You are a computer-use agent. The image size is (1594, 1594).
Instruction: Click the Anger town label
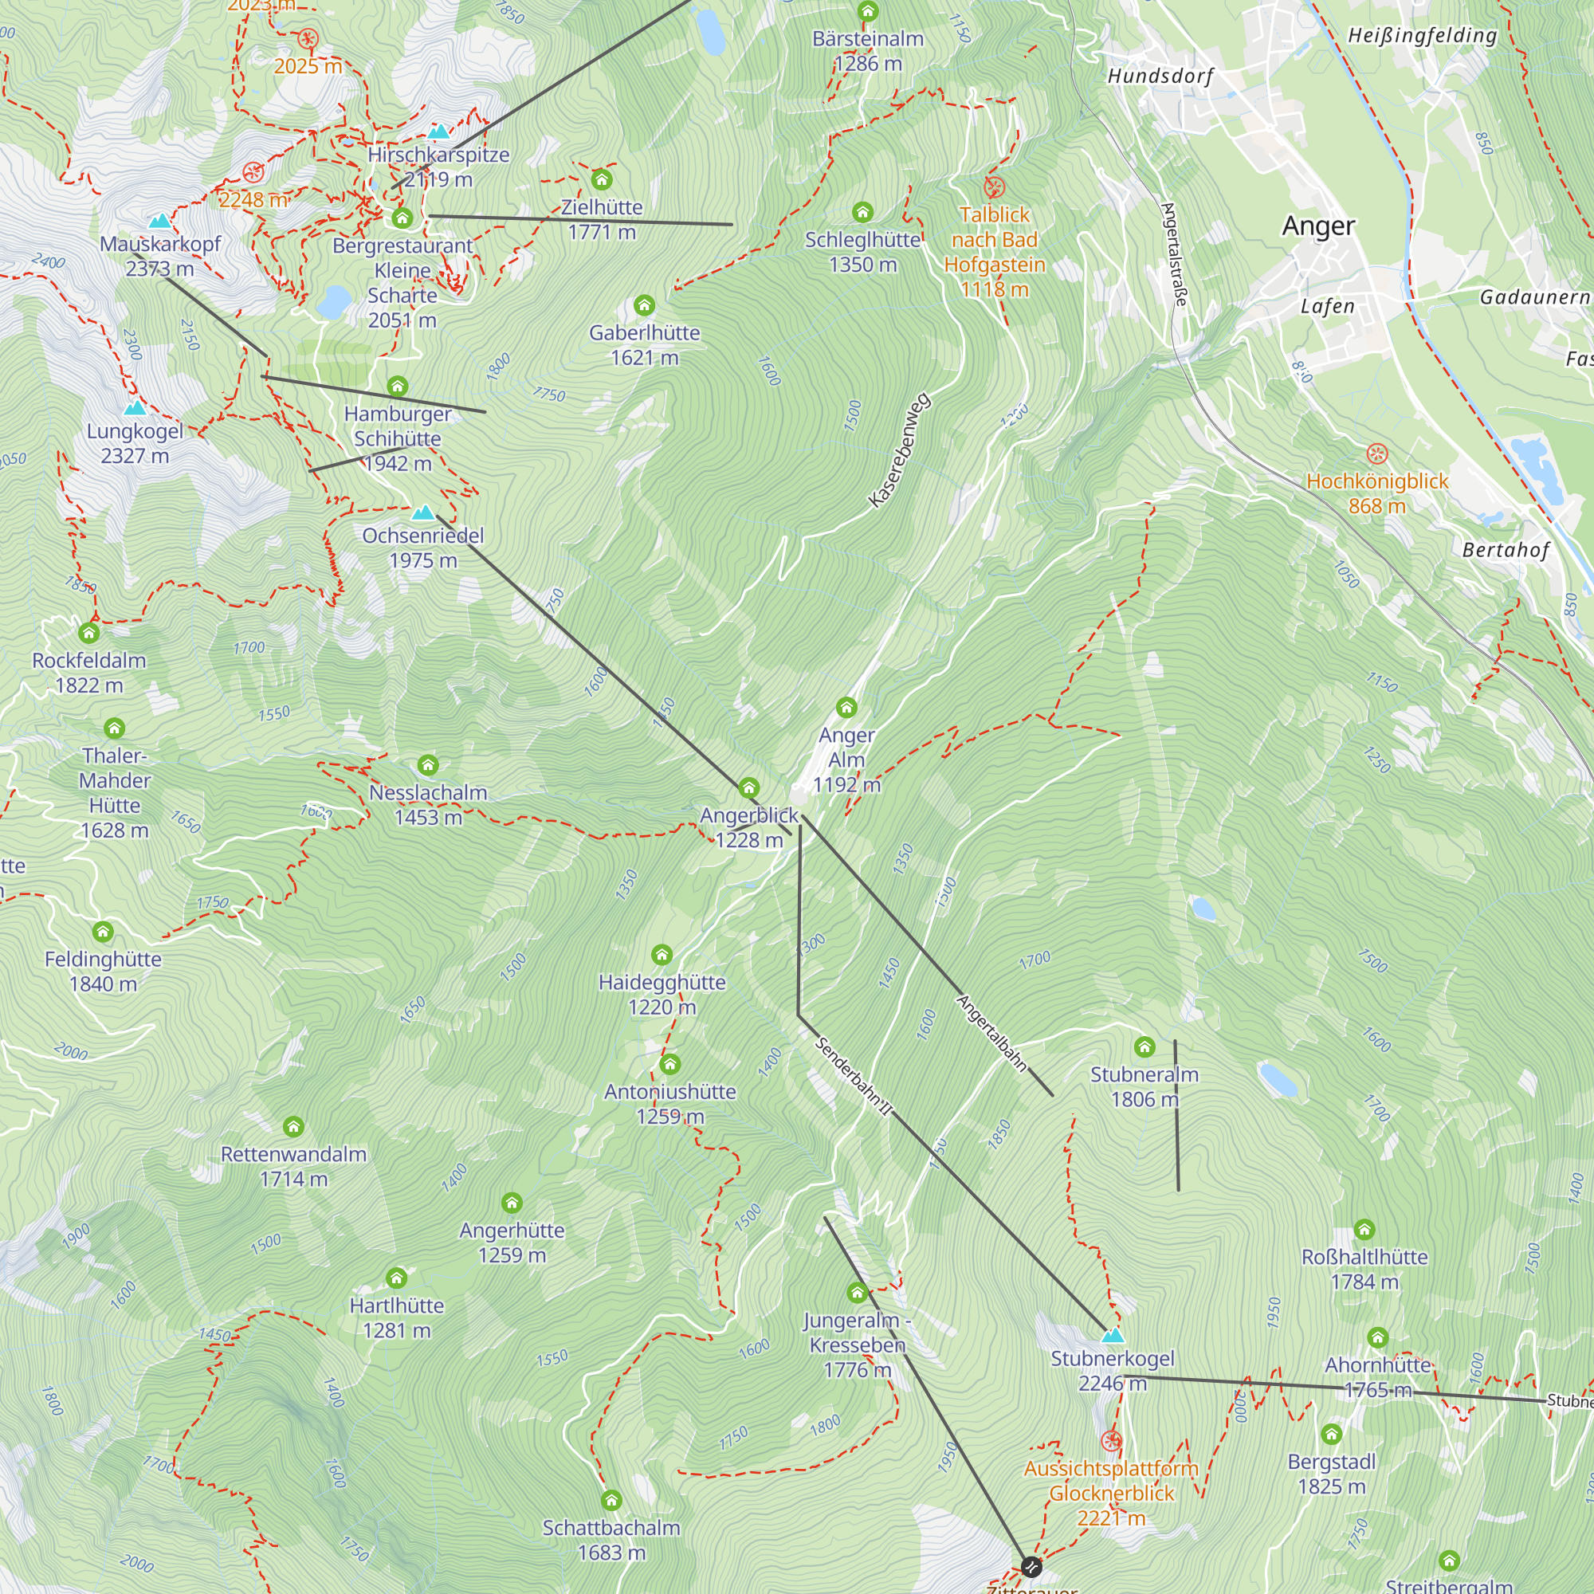pyautogui.click(x=1317, y=226)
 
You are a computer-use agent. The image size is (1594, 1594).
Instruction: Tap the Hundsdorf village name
pyautogui.click(x=1160, y=77)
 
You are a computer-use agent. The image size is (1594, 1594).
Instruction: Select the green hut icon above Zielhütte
pyautogui.click(x=602, y=179)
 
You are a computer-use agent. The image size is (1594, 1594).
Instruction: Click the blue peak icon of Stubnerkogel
pyautogui.click(x=1113, y=1335)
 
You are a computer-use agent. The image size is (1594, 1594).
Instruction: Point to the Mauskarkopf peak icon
pyautogui.click(x=159, y=220)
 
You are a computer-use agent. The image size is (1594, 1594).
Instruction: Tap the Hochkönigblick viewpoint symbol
pyautogui.click(x=1377, y=453)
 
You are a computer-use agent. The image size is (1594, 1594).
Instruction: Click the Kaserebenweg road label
pyautogui.click(x=899, y=450)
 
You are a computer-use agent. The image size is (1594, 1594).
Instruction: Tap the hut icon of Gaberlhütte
pyautogui.click(x=644, y=306)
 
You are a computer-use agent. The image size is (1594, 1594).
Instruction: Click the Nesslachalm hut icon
pyautogui.click(x=427, y=766)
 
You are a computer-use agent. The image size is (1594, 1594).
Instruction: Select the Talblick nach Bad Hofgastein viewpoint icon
pyautogui.click(x=994, y=187)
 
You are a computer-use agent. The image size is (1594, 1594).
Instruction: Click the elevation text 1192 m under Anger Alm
pyautogui.click(x=846, y=784)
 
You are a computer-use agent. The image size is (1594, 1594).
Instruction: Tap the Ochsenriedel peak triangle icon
pyautogui.click(x=423, y=512)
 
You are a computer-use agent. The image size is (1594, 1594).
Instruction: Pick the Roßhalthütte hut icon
pyautogui.click(x=1364, y=1230)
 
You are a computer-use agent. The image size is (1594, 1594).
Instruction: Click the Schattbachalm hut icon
pyautogui.click(x=611, y=1501)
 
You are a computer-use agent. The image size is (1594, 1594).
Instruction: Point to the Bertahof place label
pyautogui.click(x=1505, y=550)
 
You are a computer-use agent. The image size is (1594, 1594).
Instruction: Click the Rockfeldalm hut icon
pyautogui.click(x=89, y=633)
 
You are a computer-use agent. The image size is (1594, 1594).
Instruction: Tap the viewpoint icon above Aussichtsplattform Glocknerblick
pyautogui.click(x=1111, y=1441)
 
